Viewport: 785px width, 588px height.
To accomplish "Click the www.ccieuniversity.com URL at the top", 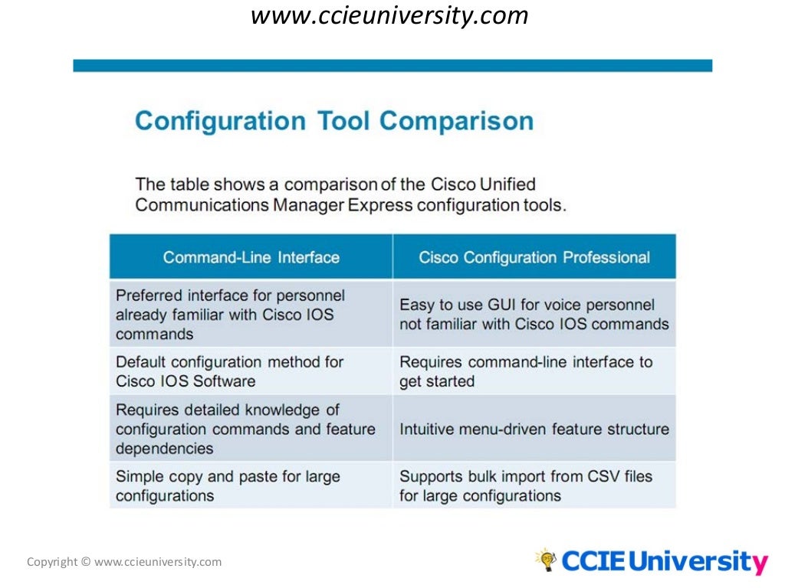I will tap(389, 16).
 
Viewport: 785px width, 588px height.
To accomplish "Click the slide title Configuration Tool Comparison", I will tap(334, 121).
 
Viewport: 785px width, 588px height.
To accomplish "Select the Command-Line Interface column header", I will tap(251, 257).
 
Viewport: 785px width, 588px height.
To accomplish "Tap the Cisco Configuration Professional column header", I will tap(534, 257).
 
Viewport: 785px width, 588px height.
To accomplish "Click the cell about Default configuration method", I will tap(251, 371).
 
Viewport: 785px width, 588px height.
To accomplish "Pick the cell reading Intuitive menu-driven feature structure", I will tap(534, 429).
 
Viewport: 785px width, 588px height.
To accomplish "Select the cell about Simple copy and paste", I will tap(251, 485).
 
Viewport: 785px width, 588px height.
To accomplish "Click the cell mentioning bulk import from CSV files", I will tap(534, 485).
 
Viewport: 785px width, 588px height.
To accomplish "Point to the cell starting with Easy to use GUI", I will tap(534, 314).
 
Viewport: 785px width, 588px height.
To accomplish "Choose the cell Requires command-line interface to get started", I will tap(534, 371).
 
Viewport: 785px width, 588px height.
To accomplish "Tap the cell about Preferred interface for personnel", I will tap(251, 314).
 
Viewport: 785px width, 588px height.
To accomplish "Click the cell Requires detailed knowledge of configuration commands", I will tap(251, 429).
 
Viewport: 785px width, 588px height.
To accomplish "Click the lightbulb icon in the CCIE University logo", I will tap(545, 560).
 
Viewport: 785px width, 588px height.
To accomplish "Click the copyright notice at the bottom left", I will tap(124, 562).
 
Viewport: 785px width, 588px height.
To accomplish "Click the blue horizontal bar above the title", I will tap(392, 66).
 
